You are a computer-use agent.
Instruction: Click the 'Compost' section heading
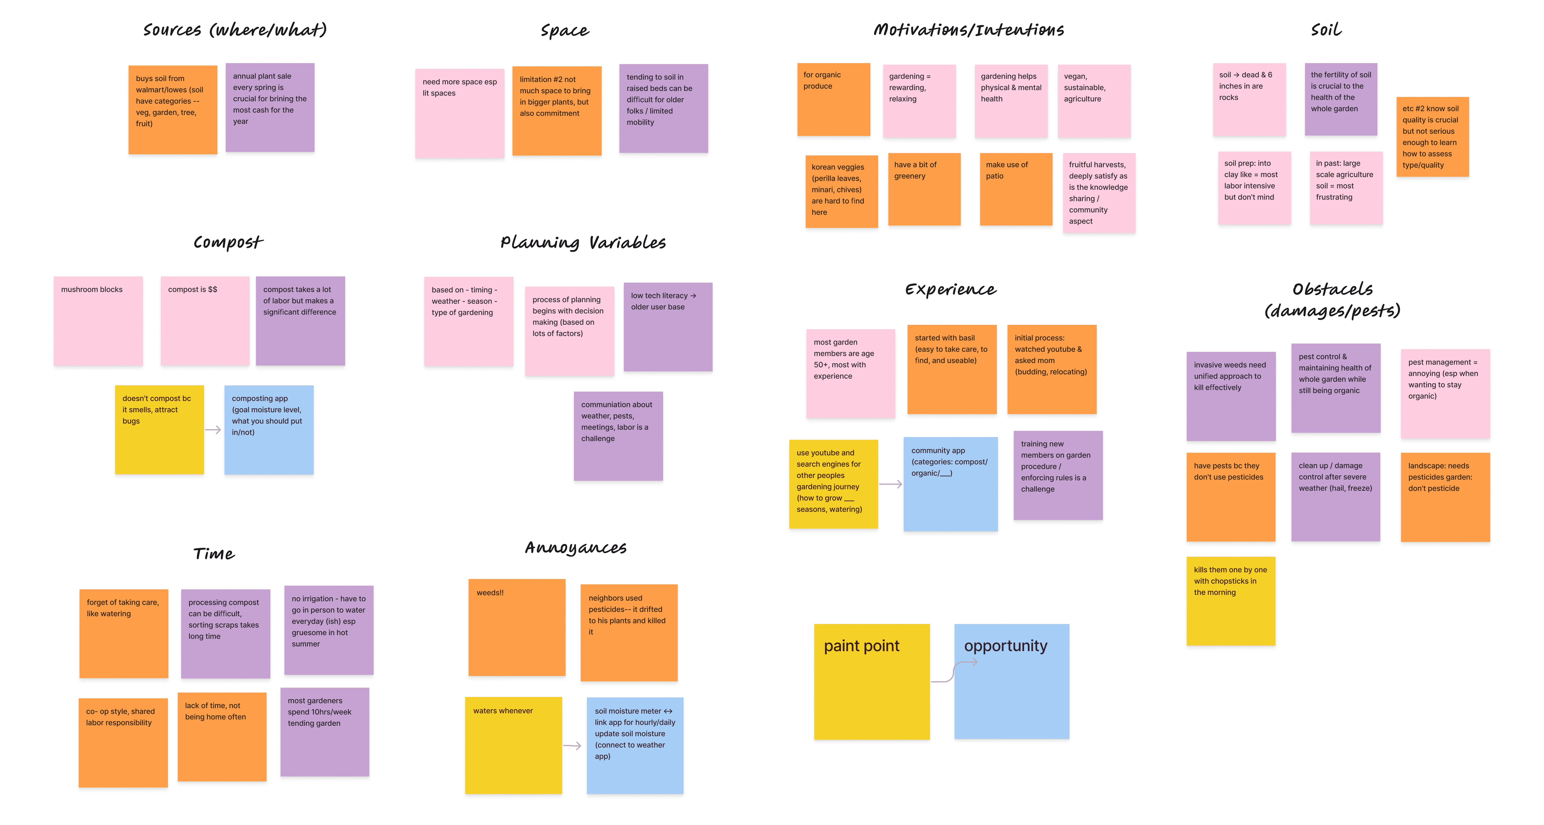pyautogui.click(x=228, y=243)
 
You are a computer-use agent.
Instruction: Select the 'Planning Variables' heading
pyautogui.click(x=583, y=243)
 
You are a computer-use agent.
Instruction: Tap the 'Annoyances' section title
pyautogui.click(x=575, y=548)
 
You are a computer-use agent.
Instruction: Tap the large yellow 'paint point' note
pyautogui.click(x=872, y=681)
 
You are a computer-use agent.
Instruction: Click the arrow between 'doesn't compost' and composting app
pyautogui.click(x=213, y=430)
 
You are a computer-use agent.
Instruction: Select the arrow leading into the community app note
pyautogui.click(x=891, y=484)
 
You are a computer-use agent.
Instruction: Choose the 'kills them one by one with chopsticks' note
pyautogui.click(x=1231, y=601)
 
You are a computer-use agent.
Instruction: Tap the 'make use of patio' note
pyautogui.click(x=1016, y=189)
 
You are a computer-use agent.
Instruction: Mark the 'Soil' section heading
pyautogui.click(x=1326, y=30)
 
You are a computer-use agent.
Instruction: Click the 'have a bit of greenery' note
pyautogui.click(x=924, y=189)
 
